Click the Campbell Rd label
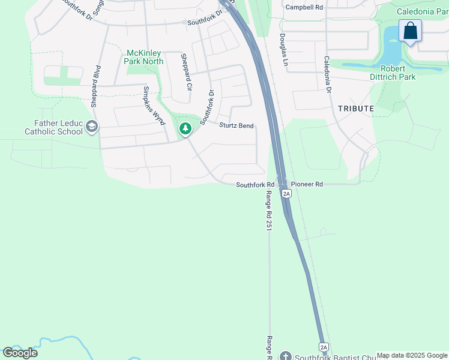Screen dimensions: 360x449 [304, 7]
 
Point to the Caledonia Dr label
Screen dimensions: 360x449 [328, 74]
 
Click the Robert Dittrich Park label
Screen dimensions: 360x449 [393, 73]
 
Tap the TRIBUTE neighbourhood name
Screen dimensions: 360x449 [356, 108]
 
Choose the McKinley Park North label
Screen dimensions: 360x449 [143, 57]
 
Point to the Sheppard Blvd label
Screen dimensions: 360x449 [95, 86]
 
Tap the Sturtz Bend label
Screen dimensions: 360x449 [237, 125]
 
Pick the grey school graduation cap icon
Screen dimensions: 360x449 [91, 126]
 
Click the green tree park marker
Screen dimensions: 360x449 [185, 128]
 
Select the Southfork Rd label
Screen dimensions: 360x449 [255, 185]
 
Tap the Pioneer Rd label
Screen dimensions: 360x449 [307, 185]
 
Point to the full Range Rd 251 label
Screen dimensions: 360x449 [269, 212]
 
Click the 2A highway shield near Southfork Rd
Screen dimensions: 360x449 [286, 193]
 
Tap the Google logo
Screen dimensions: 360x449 [20, 353]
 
